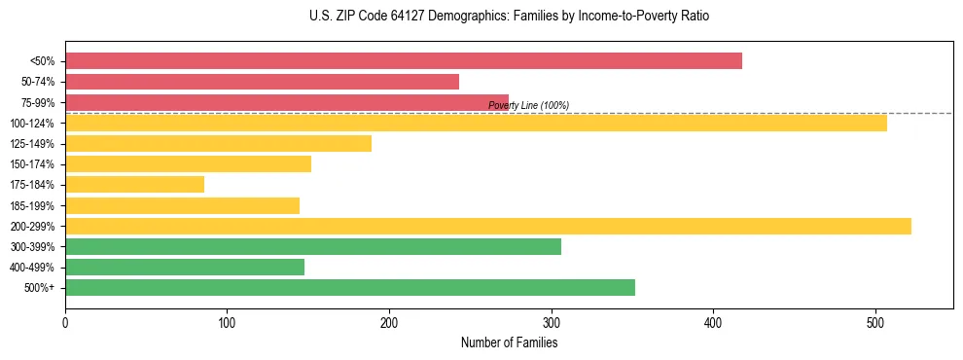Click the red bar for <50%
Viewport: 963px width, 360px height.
(x=404, y=61)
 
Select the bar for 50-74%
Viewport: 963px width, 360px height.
(x=262, y=82)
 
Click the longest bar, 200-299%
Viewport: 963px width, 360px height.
(x=488, y=226)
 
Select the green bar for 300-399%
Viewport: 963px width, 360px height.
(x=312, y=246)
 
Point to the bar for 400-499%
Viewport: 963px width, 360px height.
(x=185, y=267)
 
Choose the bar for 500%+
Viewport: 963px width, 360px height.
(x=349, y=287)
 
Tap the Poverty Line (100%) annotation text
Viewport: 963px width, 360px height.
(x=528, y=105)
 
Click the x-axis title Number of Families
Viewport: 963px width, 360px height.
(x=509, y=342)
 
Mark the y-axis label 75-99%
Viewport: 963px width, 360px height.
(x=39, y=102)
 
